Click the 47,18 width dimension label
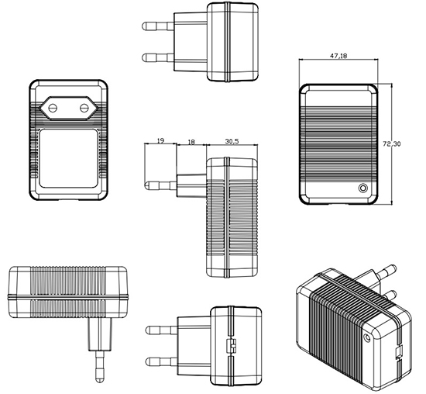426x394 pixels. point(338,56)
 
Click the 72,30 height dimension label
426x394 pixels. point(392,144)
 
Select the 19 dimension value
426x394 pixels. point(160,140)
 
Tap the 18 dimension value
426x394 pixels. point(191,142)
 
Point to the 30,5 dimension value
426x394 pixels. point(232,141)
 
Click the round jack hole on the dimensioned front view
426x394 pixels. point(363,188)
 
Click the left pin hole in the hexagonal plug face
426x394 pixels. point(53,109)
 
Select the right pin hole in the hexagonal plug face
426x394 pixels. point(84,109)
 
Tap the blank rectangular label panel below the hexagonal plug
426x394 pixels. point(68,158)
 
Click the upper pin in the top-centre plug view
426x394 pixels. point(158,26)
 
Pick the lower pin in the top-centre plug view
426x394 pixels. point(158,57)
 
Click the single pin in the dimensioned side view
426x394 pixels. point(160,185)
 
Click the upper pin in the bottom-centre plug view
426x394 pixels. point(162,330)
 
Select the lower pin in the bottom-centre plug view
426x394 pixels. point(162,362)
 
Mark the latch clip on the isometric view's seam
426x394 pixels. point(399,353)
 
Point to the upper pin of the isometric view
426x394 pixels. point(384,271)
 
